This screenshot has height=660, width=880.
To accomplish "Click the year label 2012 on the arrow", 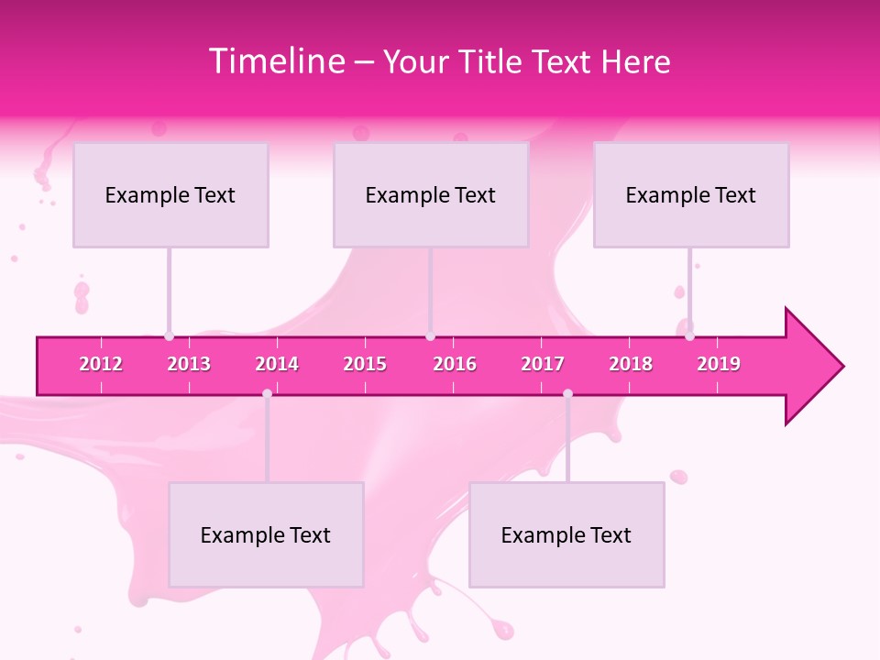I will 101,364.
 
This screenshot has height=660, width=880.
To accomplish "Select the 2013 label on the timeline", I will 189,364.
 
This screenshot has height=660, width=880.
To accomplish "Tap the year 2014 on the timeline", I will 277,364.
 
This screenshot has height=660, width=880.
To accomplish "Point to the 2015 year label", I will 365,364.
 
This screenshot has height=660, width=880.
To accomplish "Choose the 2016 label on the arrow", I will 455,364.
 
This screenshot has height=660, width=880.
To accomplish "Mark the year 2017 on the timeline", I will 543,364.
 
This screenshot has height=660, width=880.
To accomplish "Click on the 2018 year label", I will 631,364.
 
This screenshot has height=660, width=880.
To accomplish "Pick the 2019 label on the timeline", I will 719,364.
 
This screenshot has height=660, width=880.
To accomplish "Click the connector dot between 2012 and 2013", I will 169,336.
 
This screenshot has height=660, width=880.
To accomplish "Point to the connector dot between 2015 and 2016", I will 430,336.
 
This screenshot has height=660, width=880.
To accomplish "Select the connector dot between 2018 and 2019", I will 689,336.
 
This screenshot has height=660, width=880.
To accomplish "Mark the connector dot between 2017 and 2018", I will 567,393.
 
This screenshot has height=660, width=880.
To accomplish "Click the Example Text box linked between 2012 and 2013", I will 170,194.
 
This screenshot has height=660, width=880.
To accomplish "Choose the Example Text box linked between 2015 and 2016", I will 431,194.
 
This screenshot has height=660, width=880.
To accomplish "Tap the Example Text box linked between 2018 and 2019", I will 691,194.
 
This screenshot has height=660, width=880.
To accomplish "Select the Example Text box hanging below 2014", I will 266,534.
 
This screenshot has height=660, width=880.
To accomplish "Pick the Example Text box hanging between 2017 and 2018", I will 566,534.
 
